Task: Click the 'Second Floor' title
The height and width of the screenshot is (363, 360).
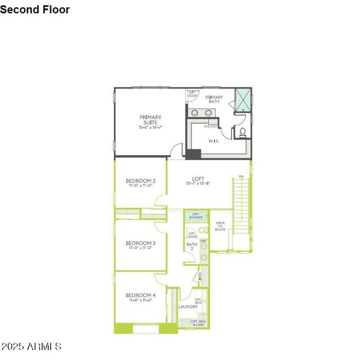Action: [x=35, y=9]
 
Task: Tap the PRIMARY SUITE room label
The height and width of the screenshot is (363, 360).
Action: [x=150, y=120]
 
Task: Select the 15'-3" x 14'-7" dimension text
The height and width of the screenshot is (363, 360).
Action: [x=150, y=128]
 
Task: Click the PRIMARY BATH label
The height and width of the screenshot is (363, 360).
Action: [x=214, y=99]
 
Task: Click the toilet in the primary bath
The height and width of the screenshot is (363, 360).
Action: [x=243, y=131]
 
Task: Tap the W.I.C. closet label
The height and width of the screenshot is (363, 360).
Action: [x=213, y=141]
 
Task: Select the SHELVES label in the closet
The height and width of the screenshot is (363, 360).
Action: [x=210, y=126]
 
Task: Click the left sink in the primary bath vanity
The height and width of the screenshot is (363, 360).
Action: [x=195, y=113]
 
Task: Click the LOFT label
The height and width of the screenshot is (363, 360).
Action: [x=198, y=179]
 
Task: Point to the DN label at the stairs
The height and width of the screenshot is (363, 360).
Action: [x=241, y=176]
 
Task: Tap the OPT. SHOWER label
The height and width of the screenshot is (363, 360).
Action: [x=196, y=215]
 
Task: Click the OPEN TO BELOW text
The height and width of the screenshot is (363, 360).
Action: [x=220, y=226]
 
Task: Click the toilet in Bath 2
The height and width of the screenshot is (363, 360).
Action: [x=203, y=230]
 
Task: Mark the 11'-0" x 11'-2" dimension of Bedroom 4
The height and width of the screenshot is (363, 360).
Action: [x=141, y=300]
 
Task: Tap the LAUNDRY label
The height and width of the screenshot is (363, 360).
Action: [x=188, y=307]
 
